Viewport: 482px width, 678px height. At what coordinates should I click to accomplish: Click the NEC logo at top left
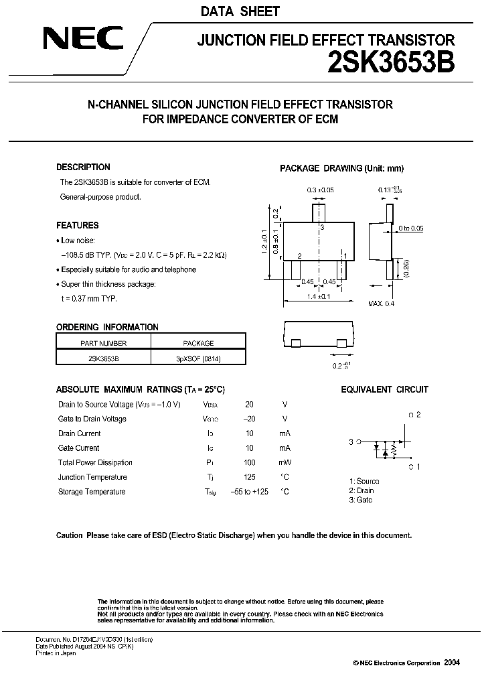click(x=82, y=40)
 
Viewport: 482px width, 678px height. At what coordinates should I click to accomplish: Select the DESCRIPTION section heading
click(x=83, y=167)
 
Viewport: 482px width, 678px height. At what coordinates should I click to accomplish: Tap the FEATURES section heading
click(x=77, y=225)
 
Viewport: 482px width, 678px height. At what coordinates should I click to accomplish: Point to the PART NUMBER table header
click(x=103, y=343)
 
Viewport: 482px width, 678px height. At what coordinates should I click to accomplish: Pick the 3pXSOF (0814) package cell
click(x=198, y=358)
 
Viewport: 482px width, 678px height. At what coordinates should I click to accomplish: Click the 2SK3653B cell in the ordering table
click(x=103, y=358)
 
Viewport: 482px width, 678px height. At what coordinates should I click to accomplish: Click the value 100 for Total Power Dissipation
click(x=249, y=463)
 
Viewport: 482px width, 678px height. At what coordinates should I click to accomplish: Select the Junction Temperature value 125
click(x=249, y=478)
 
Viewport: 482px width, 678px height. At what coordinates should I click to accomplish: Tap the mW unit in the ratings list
click(x=285, y=463)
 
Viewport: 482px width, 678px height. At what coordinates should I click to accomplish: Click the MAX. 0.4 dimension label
click(x=382, y=304)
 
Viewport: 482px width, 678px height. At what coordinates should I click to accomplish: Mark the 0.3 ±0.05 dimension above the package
click(x=321, y=190)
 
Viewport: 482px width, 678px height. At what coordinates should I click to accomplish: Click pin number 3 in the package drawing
click(x=322, y=228)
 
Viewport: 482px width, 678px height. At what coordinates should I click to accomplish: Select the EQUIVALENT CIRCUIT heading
click(x=384, y=389)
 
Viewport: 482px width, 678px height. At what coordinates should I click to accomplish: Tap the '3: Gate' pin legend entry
click(x=361, y=500)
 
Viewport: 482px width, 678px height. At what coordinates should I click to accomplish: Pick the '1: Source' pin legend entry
click(x=364, y=481)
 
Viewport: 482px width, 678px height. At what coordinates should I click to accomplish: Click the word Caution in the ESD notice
click(x=69, y=535)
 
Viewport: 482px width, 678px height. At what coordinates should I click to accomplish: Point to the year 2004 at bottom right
click(x=452, y=662)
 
